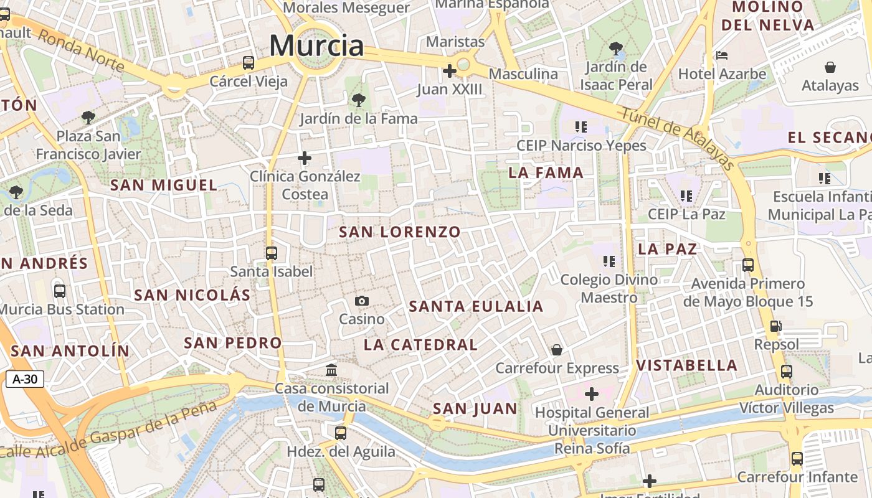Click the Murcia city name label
(316, 45)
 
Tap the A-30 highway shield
(25, 379)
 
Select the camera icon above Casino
(362, 301)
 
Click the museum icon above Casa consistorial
(331, 370)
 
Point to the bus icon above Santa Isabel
(272, 253)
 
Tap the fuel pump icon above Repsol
(776, 326)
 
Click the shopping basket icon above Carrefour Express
(557, 350)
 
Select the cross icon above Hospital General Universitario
(592, 394)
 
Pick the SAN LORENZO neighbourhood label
(400, 232)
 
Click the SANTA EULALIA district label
(476, 306)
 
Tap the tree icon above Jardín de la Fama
(358, 100)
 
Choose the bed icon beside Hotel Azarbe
(723, 55)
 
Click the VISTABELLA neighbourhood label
(687, 365)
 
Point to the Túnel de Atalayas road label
(678, 137)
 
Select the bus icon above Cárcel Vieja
(249, 63)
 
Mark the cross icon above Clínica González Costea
(305, 158)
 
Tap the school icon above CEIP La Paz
(687, 196)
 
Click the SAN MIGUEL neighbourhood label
(164, 185)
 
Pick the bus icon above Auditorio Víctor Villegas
(787, 372)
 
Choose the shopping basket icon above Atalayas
(830, 67)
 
